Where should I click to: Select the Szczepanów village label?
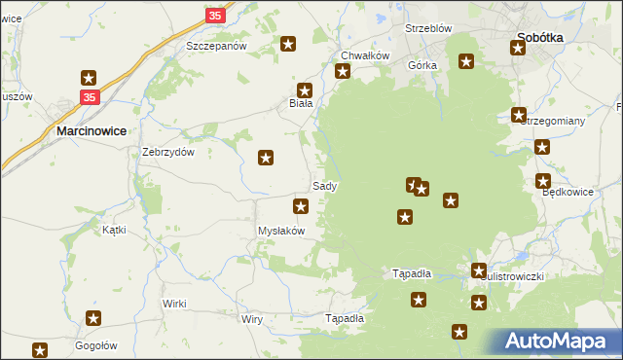coord(217,46)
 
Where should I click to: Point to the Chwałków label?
coord(365,55)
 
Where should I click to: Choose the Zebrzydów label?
coord(169,152)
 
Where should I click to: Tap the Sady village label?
coord(325,185)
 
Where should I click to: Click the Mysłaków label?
coord(281,231)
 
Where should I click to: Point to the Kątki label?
coord(114,230)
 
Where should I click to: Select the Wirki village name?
coord(174,304)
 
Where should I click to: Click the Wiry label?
coord(252,319)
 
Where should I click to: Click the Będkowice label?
coord(568,192)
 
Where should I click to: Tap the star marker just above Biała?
coord(305,88)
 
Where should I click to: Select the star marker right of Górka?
coord(466,62)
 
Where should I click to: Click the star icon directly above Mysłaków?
coord(302,205)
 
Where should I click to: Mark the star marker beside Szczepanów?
coord(288,44)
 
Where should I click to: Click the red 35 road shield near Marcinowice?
coord(90,97)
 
